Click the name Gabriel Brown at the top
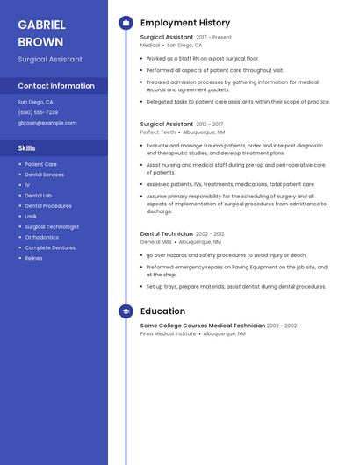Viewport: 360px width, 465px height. click(40, 33)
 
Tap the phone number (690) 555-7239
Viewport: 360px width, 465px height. click(38, 112)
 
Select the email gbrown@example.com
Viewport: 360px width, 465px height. click(47, 123)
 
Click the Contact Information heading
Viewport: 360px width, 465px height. click(56, 86)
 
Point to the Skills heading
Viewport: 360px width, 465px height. click(27, 148)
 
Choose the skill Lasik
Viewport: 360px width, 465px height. click(31, 216)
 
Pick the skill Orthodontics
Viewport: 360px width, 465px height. click(42, 237)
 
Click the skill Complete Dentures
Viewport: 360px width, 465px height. click(48, 247)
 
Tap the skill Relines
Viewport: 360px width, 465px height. click(33, 258)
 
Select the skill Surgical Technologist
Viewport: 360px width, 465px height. click(52, 226)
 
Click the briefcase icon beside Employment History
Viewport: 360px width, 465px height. click(126, 23)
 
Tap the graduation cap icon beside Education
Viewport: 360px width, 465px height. click(126, 311)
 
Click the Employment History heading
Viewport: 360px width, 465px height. click(185, 23)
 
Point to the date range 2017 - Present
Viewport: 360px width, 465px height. click(214, 38)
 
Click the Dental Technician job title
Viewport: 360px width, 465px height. click(167, 234)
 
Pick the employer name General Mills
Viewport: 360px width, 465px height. click(156, 241)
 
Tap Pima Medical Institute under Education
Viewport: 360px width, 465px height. click(168, 333)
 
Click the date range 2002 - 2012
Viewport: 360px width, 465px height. click(210, 234)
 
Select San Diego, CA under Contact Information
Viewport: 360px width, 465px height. click(36, 102)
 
